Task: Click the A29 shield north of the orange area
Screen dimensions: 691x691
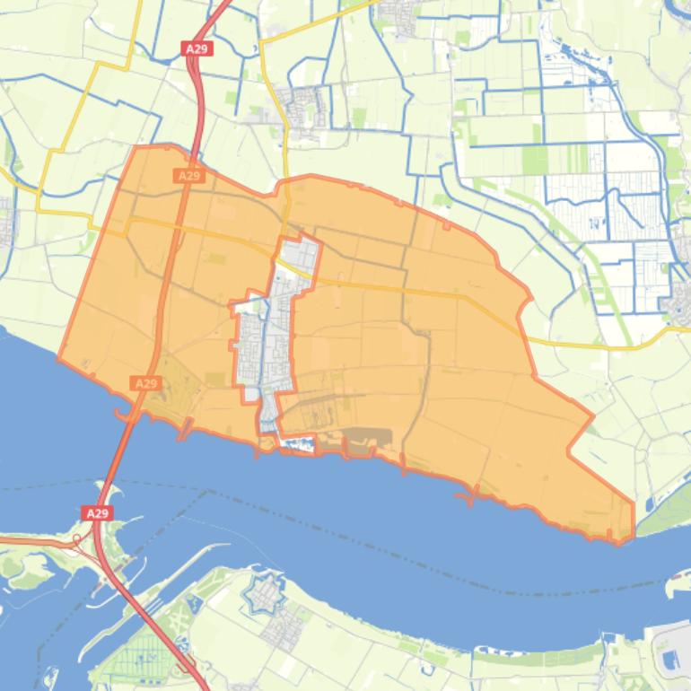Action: [x=197, y=48]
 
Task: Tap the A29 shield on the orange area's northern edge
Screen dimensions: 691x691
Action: [x=188, y=176]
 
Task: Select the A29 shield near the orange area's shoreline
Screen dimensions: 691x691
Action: [x=145, y=383]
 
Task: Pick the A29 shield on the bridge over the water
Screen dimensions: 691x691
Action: [x=97, y=513]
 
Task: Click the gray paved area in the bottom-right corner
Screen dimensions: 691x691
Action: [x=671, y=655]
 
